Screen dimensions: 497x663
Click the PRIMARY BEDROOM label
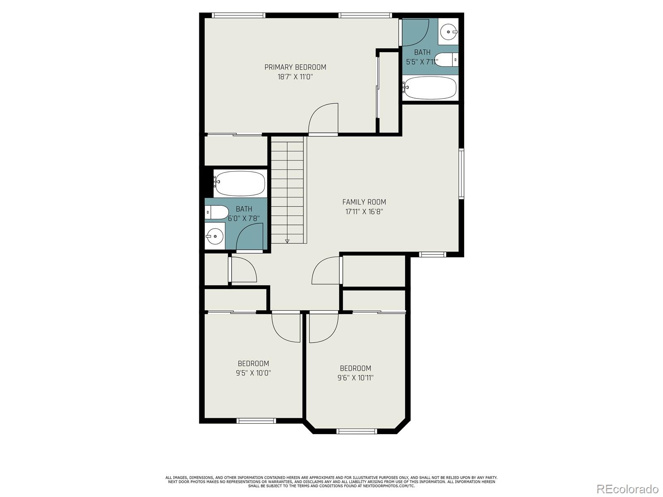click(295, 67)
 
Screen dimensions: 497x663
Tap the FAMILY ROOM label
click(364, 202)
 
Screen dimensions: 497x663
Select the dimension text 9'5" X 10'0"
click(253, 373)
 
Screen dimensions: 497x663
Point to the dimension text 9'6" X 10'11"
click(355, 378)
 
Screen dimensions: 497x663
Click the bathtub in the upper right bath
click(430, 88)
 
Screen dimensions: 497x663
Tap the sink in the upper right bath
click(448, 31)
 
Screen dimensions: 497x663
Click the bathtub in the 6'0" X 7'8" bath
click(240, 183)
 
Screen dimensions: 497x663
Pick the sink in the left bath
click(215, 236)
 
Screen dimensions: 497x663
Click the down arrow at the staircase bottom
click(287, 241)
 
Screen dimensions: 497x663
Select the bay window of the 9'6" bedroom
click(356, 431)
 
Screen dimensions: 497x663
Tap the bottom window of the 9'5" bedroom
click(256, 421)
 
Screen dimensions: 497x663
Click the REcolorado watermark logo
click(627, 489)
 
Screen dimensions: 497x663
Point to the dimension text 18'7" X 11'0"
click(295, 77)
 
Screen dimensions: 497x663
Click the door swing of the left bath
click(250, 237)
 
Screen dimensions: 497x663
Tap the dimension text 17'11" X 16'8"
click(364, 212)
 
